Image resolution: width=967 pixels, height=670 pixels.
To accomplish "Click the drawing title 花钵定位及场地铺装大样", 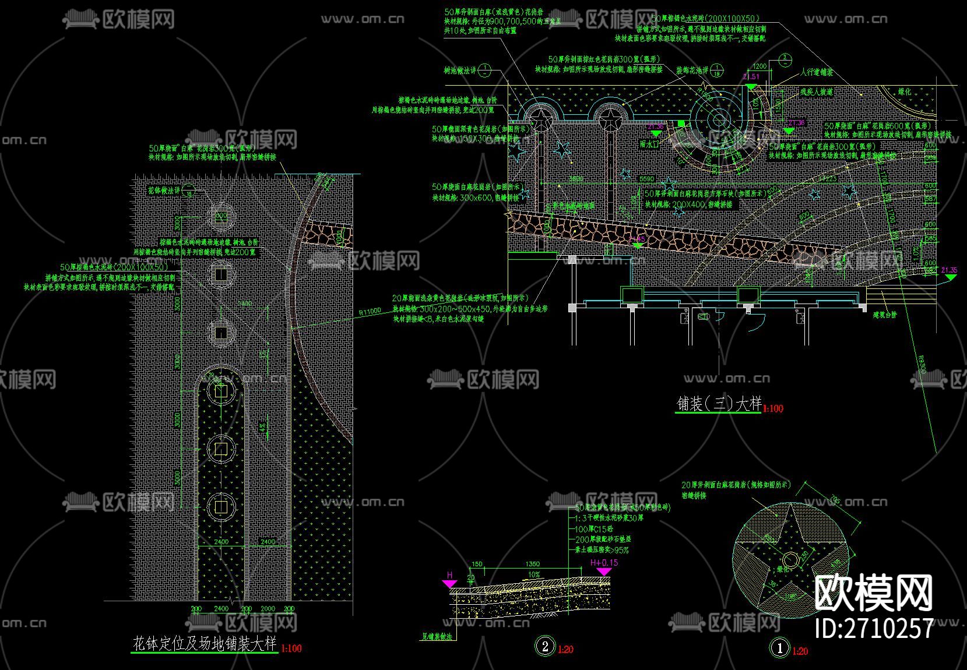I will (205, 644).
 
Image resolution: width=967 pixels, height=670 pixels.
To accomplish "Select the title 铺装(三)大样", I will (719, 404).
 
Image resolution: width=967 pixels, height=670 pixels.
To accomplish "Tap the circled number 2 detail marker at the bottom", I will (545, 646).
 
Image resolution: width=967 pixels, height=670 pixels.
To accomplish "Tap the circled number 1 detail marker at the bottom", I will (780, 647).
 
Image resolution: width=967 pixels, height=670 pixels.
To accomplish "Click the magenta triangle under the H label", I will (450, 583).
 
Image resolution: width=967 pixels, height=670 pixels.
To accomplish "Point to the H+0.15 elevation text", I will (604, 563).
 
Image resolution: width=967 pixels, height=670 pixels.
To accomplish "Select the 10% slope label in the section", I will (534, 574).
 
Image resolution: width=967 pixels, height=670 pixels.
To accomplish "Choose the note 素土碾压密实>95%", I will (602, 550).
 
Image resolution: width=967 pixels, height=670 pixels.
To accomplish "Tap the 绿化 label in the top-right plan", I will (904, 92).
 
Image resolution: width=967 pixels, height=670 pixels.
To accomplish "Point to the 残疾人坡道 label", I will (817, 92).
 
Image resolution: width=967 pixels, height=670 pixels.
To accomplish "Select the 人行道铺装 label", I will (817, 72).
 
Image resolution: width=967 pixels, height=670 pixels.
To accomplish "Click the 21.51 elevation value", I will (751, 77).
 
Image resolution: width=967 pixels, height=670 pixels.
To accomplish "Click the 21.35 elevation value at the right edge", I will (949, 270).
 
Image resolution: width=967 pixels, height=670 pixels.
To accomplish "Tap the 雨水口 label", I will (649, 143).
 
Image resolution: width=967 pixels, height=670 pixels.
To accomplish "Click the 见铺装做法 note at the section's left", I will (437, 637).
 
